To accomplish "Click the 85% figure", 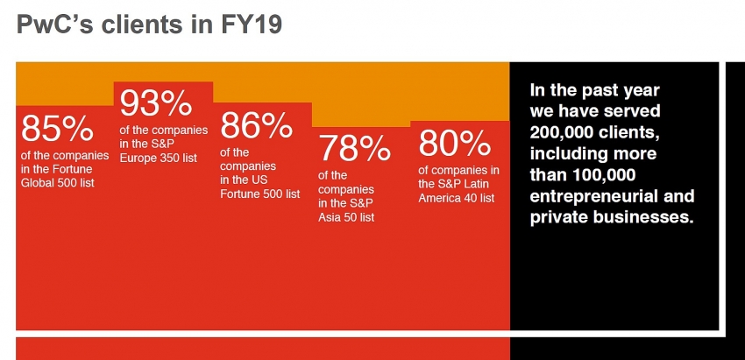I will [57, 130].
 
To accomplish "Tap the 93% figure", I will [155, 105].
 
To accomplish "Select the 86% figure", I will [256, 126].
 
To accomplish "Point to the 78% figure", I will [354, 149].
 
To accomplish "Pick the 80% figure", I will [454, 144].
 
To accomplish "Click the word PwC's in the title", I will [59, 25].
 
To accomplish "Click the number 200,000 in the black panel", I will [567, 132].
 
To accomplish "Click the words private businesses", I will [612, 216].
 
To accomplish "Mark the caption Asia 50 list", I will [346, 216].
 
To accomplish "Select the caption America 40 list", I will [457, 198].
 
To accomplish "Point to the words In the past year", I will [594, 90].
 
